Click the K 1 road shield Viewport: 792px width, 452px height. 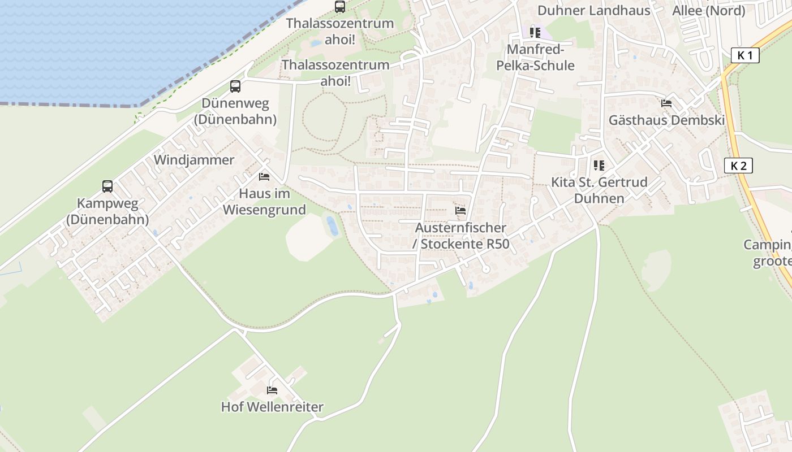pyautogui.click(x=745, y=55)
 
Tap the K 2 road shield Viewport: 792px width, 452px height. pyautogui.click(x=739, y=166)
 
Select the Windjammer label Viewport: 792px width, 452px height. pyautogui.click(x=194, y=160)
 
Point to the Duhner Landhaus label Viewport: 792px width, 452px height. pyautogui.click(x=594, y=10)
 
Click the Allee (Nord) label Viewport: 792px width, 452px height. pyautogui.click(x=708, y=10)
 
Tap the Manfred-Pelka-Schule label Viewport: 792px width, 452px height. pyautogui.click(x=535, y=58)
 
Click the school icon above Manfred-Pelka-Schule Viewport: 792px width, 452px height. pyautogui.click(x=535, y=33)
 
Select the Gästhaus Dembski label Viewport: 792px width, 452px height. pyautogui.click(x=666, y=120)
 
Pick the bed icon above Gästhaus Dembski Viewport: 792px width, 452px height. pyautogui.click(x=666, y=103)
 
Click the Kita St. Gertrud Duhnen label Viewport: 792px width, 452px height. pyautogui.click(x=599, y=190)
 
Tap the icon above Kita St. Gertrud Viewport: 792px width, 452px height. pyautogui.click(x=599, y=166)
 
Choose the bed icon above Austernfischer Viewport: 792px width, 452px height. pyautogui.click(x=460, y=211)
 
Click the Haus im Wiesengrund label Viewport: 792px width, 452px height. pyautogui.click(x=264, y=202)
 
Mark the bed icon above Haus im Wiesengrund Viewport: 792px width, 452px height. pyautogui.click(x=264, y=177)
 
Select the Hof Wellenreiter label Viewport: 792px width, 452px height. pyautogui.click(x=272, y=407)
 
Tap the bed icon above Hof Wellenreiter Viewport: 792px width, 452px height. pyautogui.click(x=272, y=390)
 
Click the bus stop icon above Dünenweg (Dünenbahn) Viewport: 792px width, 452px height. pyautogui.click(x=235, y=86)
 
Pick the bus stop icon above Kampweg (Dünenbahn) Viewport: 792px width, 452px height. pyautogui.click(x=107, y=186)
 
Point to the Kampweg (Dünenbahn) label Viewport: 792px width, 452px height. pyautogui.click(x=107, y=211)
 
